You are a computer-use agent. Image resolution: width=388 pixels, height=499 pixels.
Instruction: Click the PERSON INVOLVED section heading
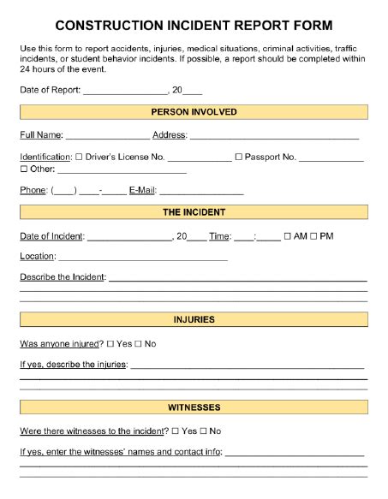click(x=194, y=112)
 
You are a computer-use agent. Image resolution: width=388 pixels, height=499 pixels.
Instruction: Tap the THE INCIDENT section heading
click(x=194, y=212)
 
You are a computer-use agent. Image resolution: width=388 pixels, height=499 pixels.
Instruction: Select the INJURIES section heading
click(x=194, y=319)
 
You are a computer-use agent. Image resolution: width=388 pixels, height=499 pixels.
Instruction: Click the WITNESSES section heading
click(x=194, y=407)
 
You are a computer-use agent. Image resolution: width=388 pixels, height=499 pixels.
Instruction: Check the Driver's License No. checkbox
click(x=79, y=157)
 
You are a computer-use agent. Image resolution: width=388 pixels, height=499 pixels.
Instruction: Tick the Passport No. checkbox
click(x=238, y=157)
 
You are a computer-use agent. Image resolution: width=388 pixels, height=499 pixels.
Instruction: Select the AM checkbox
click(x=288, y=236)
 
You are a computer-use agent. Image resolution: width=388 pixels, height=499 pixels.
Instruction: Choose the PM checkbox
click(x=313, y=236)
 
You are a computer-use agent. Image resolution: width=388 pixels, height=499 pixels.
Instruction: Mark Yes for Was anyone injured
click(x=110, y=344)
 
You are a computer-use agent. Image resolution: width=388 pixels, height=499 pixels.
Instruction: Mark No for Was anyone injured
click(x=138, y=344)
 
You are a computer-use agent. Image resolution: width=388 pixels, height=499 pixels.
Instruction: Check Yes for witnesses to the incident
click(x=176, y=431)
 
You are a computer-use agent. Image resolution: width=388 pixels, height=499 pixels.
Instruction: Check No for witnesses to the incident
click(x=203, y=431)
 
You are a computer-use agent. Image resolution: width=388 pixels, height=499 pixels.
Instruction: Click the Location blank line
click(x=143, y=258)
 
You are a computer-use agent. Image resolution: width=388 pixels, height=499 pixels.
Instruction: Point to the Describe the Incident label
click(x=63, y=277)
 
